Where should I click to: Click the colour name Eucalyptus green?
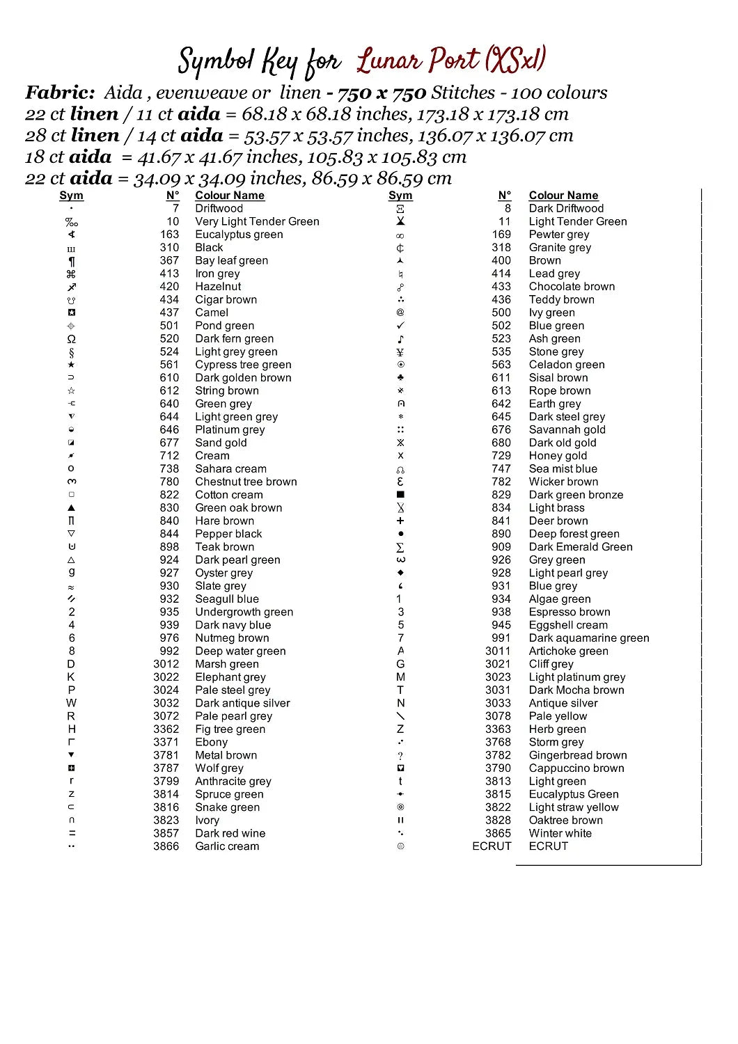tap(239, 235)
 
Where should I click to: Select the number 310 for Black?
tap(169, 248)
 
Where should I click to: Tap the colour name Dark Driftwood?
tap(566, 208)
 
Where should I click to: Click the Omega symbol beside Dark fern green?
tap(71, 339)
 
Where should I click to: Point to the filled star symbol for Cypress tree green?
tap(71, 365)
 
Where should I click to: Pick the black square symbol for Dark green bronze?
tap(400, 495)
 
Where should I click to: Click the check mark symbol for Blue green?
tap(400, 326)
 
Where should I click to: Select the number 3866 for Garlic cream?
tap(166, 846)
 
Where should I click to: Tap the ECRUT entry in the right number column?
tap(492, 846)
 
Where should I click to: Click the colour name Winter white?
tap(560, 833)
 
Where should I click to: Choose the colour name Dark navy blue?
tap(233, 625)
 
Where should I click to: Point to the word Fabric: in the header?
tap(60, 93)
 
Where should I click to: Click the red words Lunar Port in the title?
tap(417, 61)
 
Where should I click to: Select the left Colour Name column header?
tap(230, 196)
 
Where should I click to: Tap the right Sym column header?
tap(400, 196)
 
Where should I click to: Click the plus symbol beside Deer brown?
tap(400, 521)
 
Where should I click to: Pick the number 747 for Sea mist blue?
tap(501, 469)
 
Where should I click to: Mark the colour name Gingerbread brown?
tap(577, 755)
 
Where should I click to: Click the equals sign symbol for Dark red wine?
tap(72, 833)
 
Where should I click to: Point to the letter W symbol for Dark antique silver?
tap(71, 703)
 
